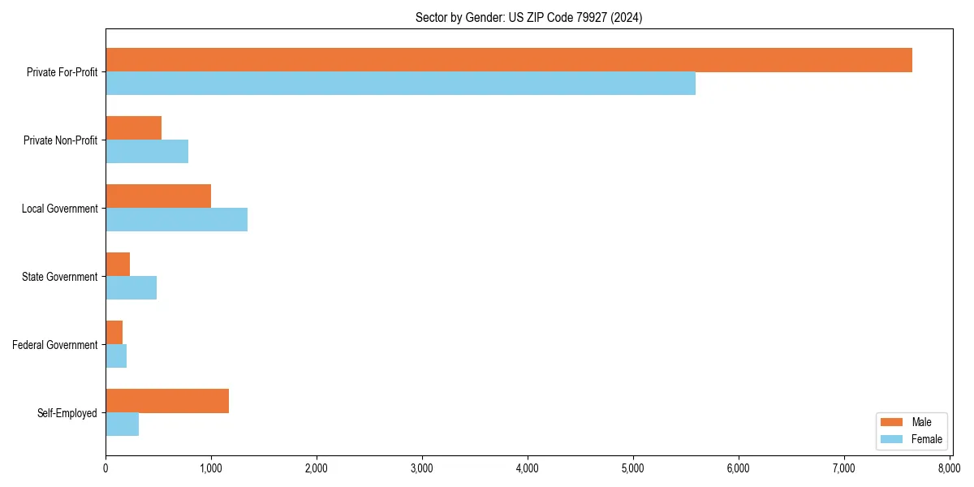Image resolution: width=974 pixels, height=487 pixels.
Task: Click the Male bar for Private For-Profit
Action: [509, 60]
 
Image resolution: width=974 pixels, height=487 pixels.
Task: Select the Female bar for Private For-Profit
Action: [400, 84]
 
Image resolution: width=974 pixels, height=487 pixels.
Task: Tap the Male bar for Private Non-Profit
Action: [133, 128]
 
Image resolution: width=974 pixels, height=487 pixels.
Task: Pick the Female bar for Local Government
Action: [176, 220]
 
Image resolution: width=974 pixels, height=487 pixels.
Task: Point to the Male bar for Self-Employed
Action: [167, 401]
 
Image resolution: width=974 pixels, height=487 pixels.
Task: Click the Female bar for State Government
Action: [131, 288]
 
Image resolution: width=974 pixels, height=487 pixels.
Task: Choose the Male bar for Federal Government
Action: [114, 333]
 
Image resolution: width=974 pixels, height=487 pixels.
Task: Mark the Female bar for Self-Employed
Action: [122, 425]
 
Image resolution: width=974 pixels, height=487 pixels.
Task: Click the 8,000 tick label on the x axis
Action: [949, 468]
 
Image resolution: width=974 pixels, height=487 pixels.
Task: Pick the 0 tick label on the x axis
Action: [106, 468]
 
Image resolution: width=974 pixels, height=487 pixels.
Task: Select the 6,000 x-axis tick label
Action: [738, 468]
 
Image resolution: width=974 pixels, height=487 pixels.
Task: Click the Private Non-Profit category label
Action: [60, 140]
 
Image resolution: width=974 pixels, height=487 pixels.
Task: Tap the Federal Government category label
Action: [55, 345]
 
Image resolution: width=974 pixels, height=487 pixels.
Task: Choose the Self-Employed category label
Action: [67, 413]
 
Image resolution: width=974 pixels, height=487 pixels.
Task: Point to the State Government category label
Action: [60, 277]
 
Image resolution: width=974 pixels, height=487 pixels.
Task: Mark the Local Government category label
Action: [59, 209]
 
